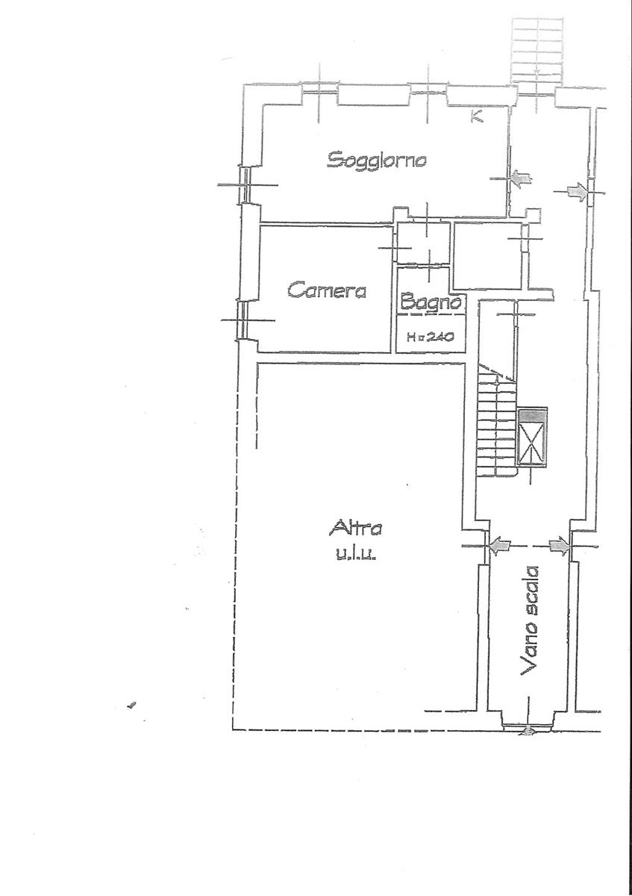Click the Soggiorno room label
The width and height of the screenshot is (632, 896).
click(x=377, y=160)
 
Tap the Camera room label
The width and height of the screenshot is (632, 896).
click(x=327, y=290)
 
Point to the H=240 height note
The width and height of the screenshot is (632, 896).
click(x=430, y=337)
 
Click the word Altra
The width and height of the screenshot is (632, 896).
click(x=355, y=528)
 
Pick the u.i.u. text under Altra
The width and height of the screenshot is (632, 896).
click(x=355, y=556)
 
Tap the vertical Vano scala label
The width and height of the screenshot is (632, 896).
click(x=530, y=621)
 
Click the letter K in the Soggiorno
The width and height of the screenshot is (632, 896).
click(x=477, y=116)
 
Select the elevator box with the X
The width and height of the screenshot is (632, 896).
click(x=532, y=437)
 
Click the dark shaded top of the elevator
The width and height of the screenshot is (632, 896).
click(x=532, y=416)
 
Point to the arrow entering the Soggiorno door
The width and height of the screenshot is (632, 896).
click(x=521, y=178)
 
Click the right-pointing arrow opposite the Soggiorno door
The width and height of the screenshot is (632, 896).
click(x=578, y=192)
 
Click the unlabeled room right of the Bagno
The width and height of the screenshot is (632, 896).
click(x=488, y=255)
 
